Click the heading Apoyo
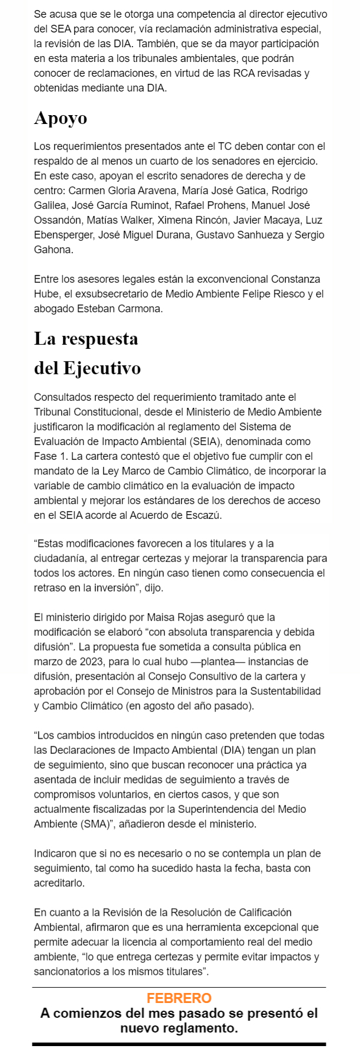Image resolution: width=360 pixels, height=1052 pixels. pos(60,118)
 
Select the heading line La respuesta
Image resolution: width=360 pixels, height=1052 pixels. pos(86,339)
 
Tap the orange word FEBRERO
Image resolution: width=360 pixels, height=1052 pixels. pos(179,998)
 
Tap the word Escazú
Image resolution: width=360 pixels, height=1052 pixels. pos(205,515)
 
